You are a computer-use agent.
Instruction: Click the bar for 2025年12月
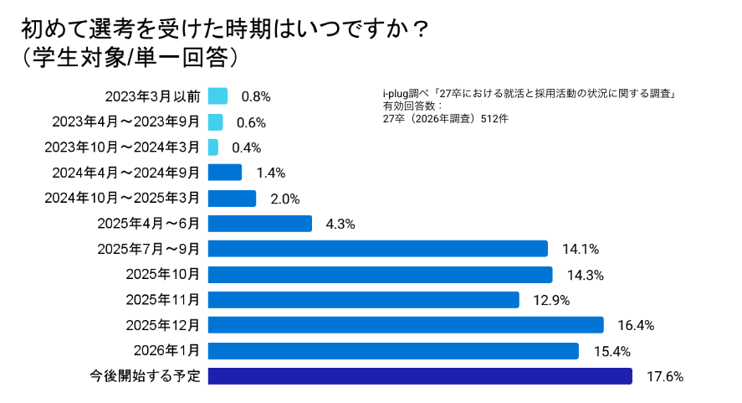pyautogui.click(x=406, y=325)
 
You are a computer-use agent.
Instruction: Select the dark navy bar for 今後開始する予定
pyautogui.click(x=419, y=376)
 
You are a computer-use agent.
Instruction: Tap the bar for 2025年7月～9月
pyautogui.click(x=377, y=249)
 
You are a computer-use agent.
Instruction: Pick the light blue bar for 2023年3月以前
pyautogui.click(x=217, y=96)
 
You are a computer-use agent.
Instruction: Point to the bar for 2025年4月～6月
pyautogui.click(x=259, y=224)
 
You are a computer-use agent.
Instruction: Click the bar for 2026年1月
pyautogui.click(x=393, y=350)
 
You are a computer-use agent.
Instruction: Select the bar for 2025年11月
pyautogui.click(x=363, y=300)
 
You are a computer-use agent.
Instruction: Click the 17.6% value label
pyautogui.click(x=665, y=376)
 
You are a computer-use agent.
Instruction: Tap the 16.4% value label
pyautogui.click(x=636, y=325)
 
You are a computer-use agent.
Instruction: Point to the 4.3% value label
pyautogui.click(x=339, y=224)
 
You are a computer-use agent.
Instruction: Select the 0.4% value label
pyautogui.click(x=247, y=147)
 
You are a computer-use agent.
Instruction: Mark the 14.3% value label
pyautogui.click(x=584, y=275)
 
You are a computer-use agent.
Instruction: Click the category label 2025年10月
pyautogui.click(x=163, y=275)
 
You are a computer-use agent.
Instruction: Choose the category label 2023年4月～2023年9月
pyautogui.click(x=126, y=122)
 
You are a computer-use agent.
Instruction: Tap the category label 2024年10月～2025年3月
pyautogui.click(x=122, y=199)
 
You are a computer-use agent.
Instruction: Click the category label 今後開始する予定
pyautogui.click(x=146, y=376)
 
